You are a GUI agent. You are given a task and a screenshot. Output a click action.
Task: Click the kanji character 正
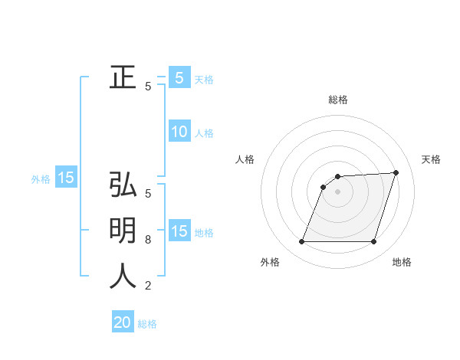point(123,77)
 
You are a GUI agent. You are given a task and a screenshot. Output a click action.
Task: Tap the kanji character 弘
point(123,185)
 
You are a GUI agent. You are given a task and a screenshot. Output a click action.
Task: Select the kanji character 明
point(123,231)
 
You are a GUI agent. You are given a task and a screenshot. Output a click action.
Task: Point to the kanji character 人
point(123,276)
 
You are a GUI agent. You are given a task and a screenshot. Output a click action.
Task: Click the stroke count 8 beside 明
point(148,240)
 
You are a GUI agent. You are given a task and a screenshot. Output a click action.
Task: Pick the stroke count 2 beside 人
point(148,286)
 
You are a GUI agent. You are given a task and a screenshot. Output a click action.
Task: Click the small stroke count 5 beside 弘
point(148,194)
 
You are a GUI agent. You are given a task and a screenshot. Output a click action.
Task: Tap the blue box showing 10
point(179,132)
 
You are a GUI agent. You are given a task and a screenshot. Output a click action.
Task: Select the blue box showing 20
point(123,322)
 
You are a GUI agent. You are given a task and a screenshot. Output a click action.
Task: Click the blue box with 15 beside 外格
point(66,178)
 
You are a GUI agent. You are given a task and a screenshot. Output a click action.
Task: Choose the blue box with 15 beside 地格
point(179,231)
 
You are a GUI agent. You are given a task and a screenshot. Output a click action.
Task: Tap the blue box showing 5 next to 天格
point(179,77)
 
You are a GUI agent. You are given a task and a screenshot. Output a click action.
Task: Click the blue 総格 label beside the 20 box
point(147,324)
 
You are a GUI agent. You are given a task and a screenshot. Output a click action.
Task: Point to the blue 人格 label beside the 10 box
point(204,133)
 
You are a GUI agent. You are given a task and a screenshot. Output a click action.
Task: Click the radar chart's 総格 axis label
point(338,100)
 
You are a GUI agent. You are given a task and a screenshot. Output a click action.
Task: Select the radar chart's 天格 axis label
point(431,159)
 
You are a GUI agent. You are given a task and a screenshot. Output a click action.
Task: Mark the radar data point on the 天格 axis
point(396,172)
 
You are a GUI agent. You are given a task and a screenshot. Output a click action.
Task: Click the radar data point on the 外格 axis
point(301,242)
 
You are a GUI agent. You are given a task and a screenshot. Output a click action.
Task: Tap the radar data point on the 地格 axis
point(373,242)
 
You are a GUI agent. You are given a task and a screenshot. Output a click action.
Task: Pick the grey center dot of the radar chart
point(337,191)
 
